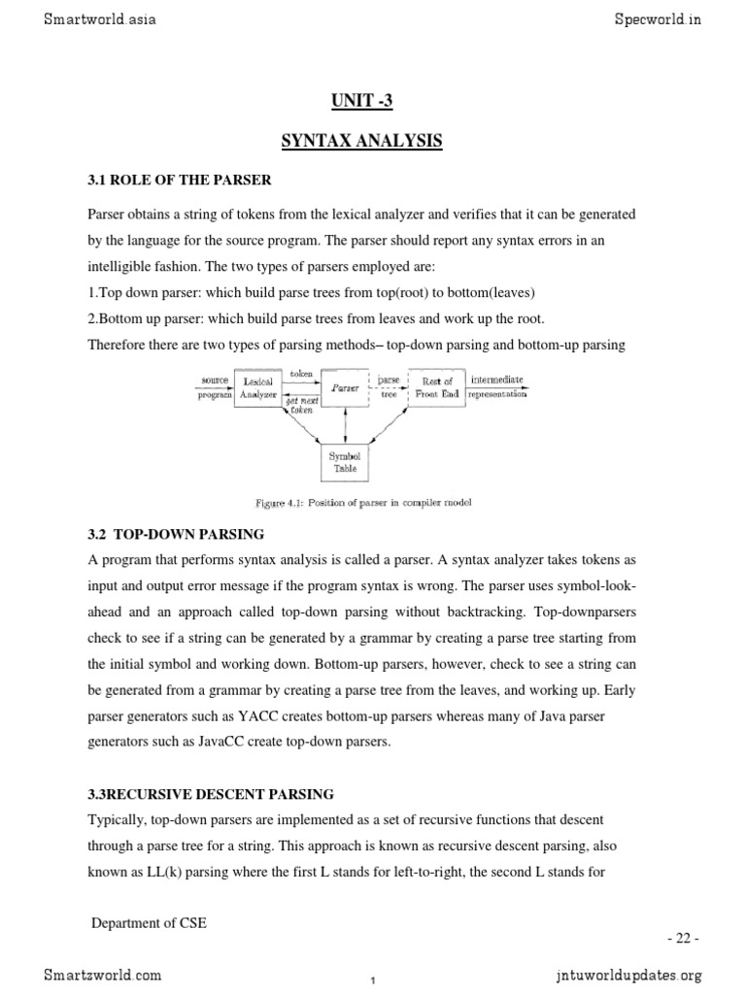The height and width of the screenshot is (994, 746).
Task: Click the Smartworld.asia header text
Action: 99,18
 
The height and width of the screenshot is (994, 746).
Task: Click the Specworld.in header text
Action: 644,18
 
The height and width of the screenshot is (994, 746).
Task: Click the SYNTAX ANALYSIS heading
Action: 361,142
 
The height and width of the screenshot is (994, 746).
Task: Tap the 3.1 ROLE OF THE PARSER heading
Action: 180,181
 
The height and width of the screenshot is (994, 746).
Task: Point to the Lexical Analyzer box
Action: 257,388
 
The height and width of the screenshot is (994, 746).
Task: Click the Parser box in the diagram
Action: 346,388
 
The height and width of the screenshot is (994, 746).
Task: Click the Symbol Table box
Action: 346,462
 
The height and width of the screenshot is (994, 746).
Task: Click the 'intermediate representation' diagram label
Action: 498,387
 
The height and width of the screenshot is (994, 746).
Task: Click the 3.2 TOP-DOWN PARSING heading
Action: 176,534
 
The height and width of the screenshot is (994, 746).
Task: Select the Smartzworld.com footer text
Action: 103,975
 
